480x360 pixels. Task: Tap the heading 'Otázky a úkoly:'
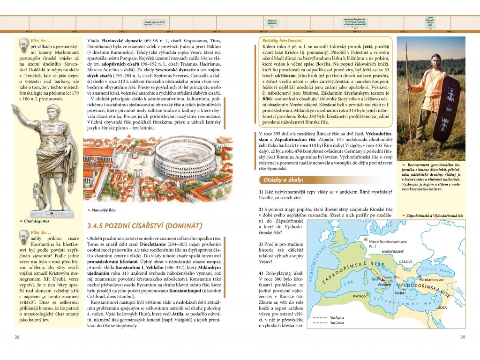(284, 180)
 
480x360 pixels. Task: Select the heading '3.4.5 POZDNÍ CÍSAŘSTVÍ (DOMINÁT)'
(145, 226)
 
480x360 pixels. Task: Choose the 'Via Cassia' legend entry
(337, 322)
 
